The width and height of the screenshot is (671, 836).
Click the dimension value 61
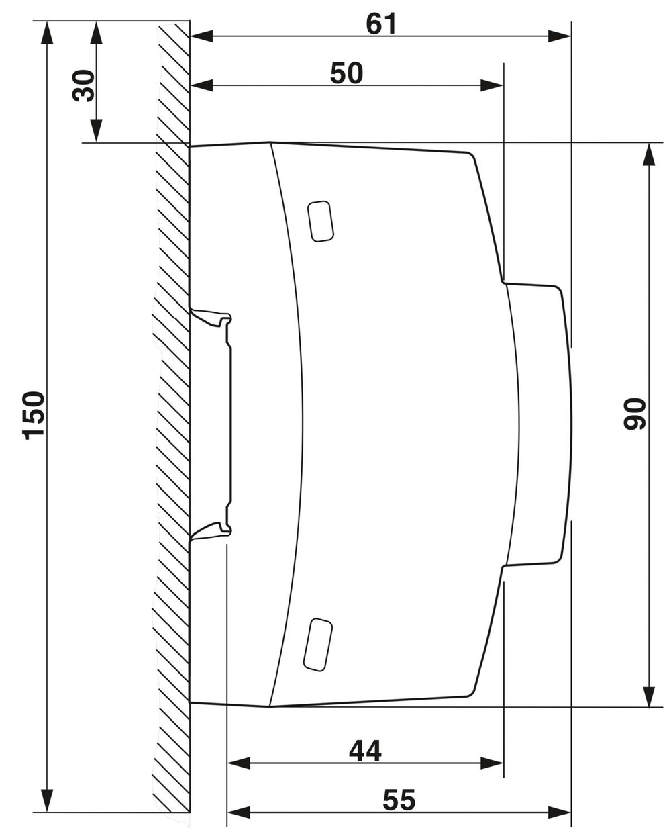tap(381, 24)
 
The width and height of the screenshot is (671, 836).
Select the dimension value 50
tap(346, 73)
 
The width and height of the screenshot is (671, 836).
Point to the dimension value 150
tap(34, 414)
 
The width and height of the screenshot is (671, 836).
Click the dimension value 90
tap(635, 414)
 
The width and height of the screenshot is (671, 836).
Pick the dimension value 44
tap(365, 751)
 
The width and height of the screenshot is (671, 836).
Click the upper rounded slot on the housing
tap(321, 221)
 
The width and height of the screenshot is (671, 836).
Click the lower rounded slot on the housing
tap(318, 645)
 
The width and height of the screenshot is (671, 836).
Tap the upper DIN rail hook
tap(213, 317)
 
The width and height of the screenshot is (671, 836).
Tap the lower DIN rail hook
tap(213, 529)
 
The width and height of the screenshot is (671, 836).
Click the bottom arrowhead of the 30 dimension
tap(96, 131)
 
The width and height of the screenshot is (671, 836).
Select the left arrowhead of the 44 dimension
tap(238, 763)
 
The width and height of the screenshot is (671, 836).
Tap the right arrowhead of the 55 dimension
tap(561, 812)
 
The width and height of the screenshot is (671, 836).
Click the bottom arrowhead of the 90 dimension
tap(649, 696)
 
